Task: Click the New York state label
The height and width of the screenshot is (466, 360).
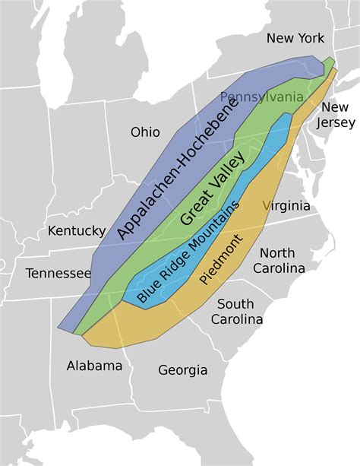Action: click(x=295, y=38)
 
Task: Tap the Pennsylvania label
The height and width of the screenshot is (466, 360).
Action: click(x=262, y=97)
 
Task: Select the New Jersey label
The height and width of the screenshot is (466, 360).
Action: click(x=334, y=114)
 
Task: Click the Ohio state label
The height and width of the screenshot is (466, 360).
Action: click(x=145, y=132)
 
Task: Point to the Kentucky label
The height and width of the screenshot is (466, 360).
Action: click(x=77, y=230)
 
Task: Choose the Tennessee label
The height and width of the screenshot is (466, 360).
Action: click(x=58, y=273)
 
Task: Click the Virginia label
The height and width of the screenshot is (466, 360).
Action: click(x=286, y=205)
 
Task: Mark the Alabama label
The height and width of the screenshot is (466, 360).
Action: click(x=94, y=366)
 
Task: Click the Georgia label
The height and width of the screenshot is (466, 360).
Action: click(x=182, y=370)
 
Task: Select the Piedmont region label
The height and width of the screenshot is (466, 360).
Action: click(x=222, y=259)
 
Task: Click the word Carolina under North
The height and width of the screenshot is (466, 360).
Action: click(x=279, y=268)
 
